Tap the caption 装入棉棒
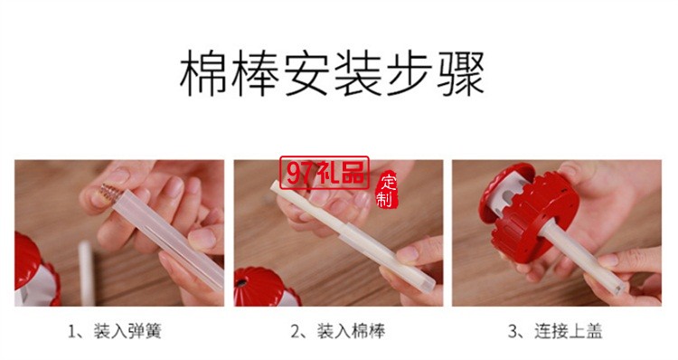349,332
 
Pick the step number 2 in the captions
294,332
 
